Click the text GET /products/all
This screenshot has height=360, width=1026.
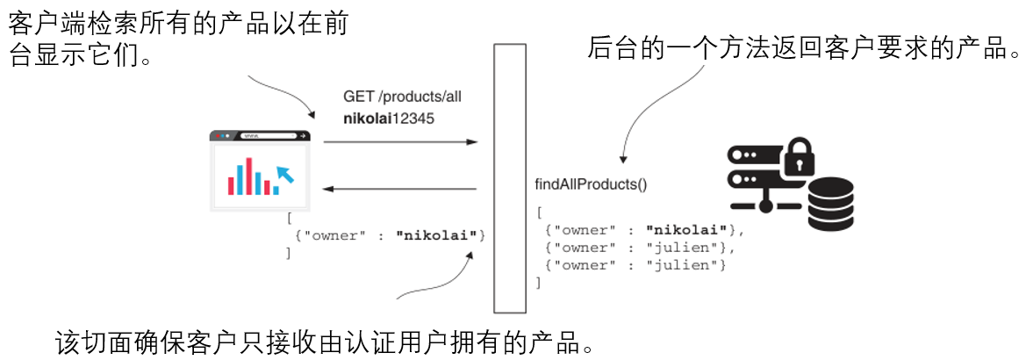pyautogui.click(x=401, y=97)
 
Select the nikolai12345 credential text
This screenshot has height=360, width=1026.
pyautogui.click(x=388, y=117)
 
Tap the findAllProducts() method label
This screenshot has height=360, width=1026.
pyautogui.click(x=590, y=184)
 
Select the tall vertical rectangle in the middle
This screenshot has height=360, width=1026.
pyautogui.click(x=510, y=179)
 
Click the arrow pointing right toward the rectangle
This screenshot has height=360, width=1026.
pyautogui.click(x=399, y=141)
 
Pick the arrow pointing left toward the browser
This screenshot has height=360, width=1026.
pyautogui.click(x=399, y=188)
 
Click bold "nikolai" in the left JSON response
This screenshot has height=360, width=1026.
pyautogui.click(x=436, y=235)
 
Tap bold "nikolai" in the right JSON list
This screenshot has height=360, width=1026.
pyautogui.click(x=685, y=230)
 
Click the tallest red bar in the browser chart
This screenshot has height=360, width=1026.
pyautogui.click(x=249, y=176)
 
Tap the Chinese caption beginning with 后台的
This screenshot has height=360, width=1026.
pyautogui.click(x=803, y=47)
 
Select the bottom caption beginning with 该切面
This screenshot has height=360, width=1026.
pyautogui.click(x=325, y=340)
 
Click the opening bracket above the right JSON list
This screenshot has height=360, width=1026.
pyautogui.click(x=539, y=212)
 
